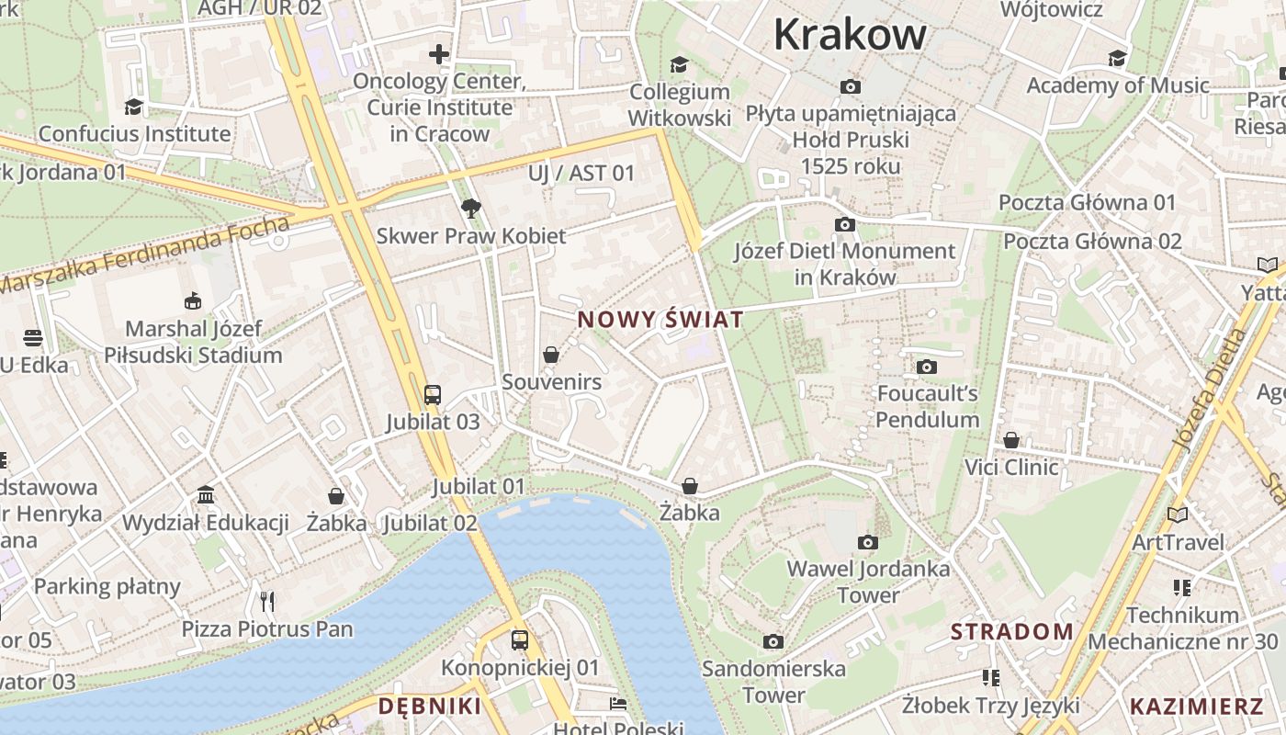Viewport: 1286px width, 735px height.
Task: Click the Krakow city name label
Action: (x=850, y=35)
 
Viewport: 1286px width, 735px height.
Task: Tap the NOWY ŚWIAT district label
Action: (x=660, y=321)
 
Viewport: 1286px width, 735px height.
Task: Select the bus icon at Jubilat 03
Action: (x=433, y=395)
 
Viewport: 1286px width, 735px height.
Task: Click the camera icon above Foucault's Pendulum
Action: (x=927, y=367)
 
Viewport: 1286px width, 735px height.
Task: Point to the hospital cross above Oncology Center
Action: (x=439, y=54)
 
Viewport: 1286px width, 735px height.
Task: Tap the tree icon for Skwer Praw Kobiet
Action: (x=471, y=208)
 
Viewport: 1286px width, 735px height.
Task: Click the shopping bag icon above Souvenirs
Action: (x=551, y=355)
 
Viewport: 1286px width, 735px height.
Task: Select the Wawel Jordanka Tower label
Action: (x=868, y=582)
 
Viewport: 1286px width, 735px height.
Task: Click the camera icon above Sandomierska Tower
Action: (x=773, y=641)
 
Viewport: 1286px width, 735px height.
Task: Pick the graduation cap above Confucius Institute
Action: (x=134, y=107)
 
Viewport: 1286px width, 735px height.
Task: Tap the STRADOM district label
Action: (x=1011, y=632)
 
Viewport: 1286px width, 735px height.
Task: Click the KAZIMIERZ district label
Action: (x=1196, y=707)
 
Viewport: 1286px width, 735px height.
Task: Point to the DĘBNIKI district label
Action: (x=430, y=707)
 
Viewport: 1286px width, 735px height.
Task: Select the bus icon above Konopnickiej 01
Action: (x=520, y=639)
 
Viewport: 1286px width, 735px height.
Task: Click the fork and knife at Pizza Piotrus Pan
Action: (x=267, y=602)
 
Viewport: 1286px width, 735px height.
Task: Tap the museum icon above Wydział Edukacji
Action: (x=206, y=495)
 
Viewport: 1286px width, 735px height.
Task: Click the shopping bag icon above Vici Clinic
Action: (x=1011, y=440)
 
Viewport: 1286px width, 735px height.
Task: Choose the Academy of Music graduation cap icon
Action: (x=1117, y=59)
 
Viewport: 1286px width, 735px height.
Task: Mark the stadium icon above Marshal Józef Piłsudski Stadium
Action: (x=193, y=300)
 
